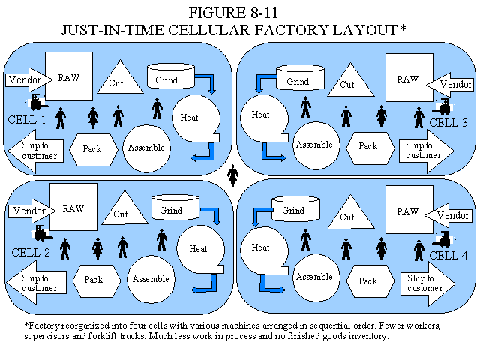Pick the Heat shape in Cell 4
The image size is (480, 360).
pos(262,247)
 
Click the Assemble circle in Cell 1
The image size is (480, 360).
pos(146,147)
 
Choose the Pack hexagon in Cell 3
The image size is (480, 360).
pos(367,146)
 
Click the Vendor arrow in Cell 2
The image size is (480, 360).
pos(29,211)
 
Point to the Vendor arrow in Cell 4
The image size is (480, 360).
pos(451,215)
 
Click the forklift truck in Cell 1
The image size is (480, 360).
pos(37,102)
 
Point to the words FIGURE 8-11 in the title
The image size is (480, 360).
pos(240,13)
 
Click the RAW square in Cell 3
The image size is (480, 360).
pos(407,78)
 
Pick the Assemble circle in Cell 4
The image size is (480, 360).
pos(314,277)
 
